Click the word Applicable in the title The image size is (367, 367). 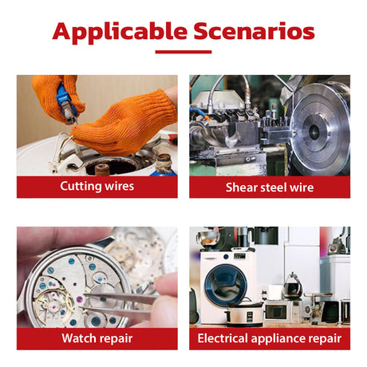[x=120, y=33]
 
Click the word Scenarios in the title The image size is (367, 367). [x=254, y=31]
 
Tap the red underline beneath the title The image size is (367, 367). [x=183, y=52]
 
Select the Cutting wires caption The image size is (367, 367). [x=97, y=186]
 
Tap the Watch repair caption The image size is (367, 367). [x=97, y=338]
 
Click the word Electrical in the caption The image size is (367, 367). [x=223, y=338]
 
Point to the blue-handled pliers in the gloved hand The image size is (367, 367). [x=67, y=103]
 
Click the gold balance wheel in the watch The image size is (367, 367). [x=53, y=303]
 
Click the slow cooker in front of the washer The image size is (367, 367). [x=244, y=314]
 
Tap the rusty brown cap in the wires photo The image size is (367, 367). [x=102, y=169]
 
